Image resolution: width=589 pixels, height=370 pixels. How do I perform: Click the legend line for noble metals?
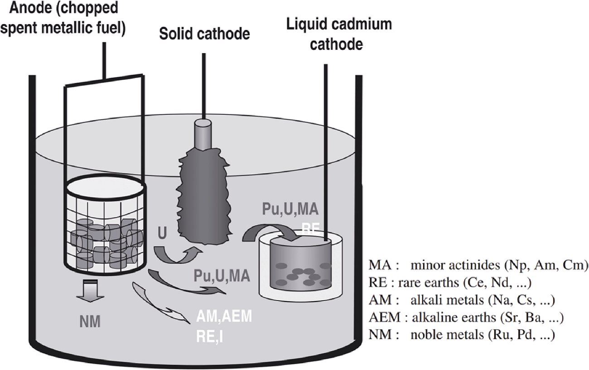coord(462,336)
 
